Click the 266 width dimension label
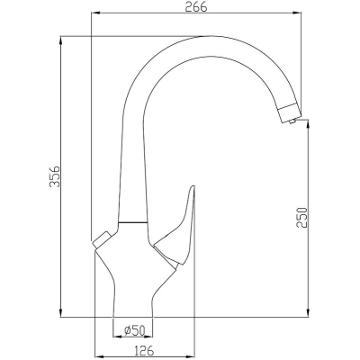[195, 7]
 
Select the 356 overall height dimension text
[55, 176]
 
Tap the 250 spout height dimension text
[302, 217]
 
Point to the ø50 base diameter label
[135, 331]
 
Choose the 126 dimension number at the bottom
[143, 350]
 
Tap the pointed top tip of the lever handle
[193, 186]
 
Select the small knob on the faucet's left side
[101, 239]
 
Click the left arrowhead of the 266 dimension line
[95, 13]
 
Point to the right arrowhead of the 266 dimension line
[296, 13]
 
